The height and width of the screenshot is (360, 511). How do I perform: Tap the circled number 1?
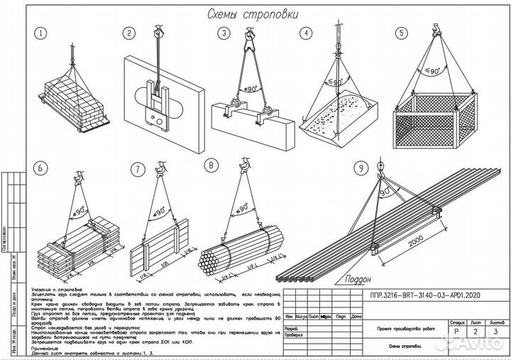(x=42, y=33)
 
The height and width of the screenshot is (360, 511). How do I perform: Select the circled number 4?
(x=305, y=33)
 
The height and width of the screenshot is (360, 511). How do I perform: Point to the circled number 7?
(x=137, y=169)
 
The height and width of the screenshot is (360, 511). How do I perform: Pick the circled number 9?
(x=363, y=168)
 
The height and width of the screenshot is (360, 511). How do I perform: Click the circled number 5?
(x=402, y=33)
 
